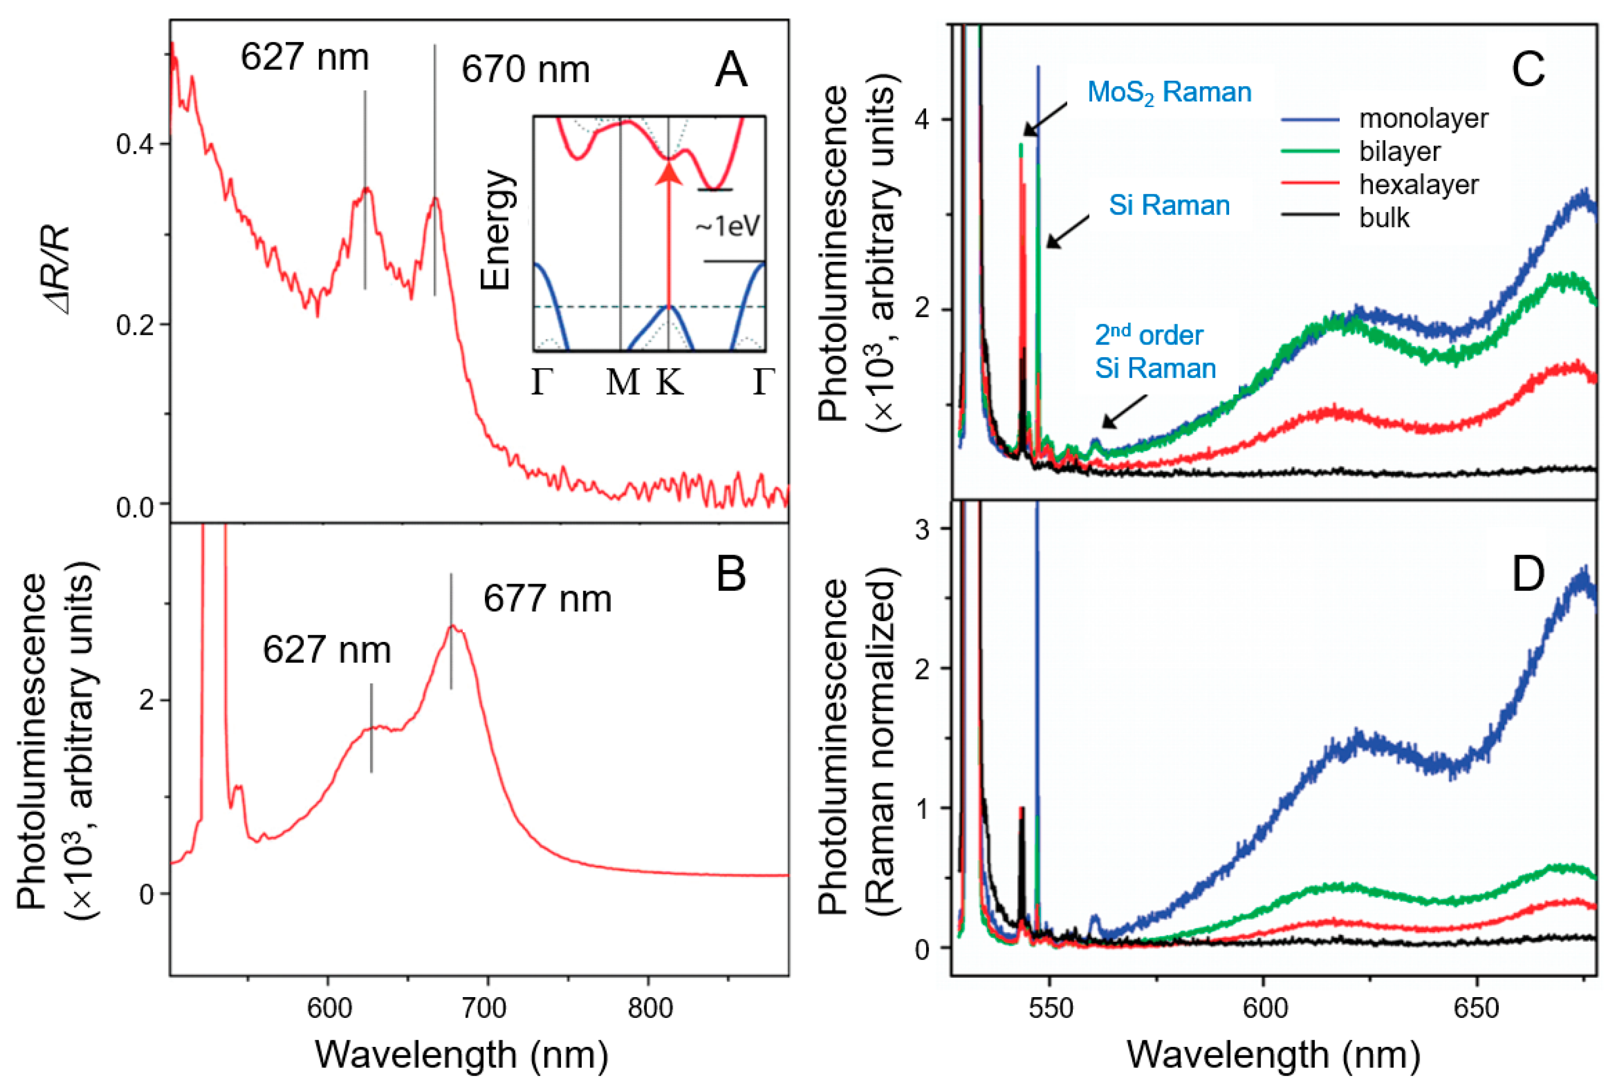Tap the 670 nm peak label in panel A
click(x=525, y=70)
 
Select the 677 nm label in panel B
click(x=548, y=599)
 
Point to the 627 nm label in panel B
click(x=326, y=650)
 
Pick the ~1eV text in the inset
click(x=728, y=226)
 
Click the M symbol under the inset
click(x=622, y=382)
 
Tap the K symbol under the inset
click(x=670, y=382)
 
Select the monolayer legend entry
click(x=1423, y=119)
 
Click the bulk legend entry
click(x=1385, y=218)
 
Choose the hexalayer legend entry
click(x=1419, y=185)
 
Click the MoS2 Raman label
click(x=1169, y=92)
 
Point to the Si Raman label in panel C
click(x=1169, y=206)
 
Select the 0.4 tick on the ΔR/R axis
click(x=135, y=145)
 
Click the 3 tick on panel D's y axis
click(x=922, y=530)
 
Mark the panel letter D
click(x=1528, y=574)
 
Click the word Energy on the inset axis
click(x=496, y=230)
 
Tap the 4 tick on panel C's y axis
click(x=922, y=120)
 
